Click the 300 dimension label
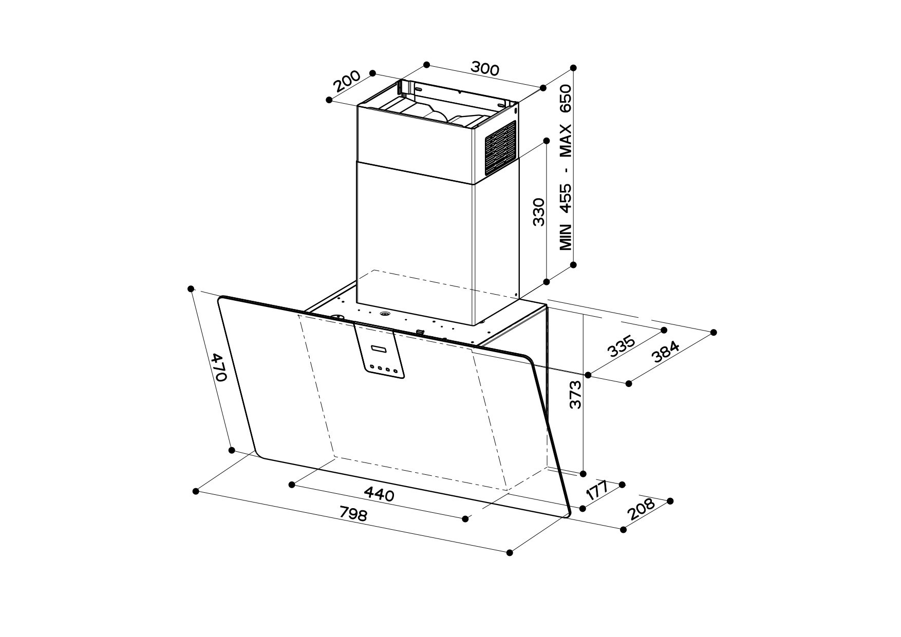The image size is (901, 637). (x=484, y=68)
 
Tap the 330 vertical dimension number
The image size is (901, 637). (x=538, y=211)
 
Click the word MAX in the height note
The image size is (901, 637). (x=566, y=140)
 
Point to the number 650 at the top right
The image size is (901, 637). (x=566, y=99)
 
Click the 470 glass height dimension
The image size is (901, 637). (x=219, y=367)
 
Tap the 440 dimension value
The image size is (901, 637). (x=379, y=494)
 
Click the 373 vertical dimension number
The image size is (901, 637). (x=576, y=394)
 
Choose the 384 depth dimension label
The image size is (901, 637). (x=666, y=353)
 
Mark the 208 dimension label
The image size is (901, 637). (x=641, y=510)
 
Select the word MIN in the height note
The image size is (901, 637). (x=566, y=237)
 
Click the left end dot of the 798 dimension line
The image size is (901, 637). (x=196, y=491)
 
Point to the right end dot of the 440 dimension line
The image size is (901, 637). (x=466, y=518)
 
